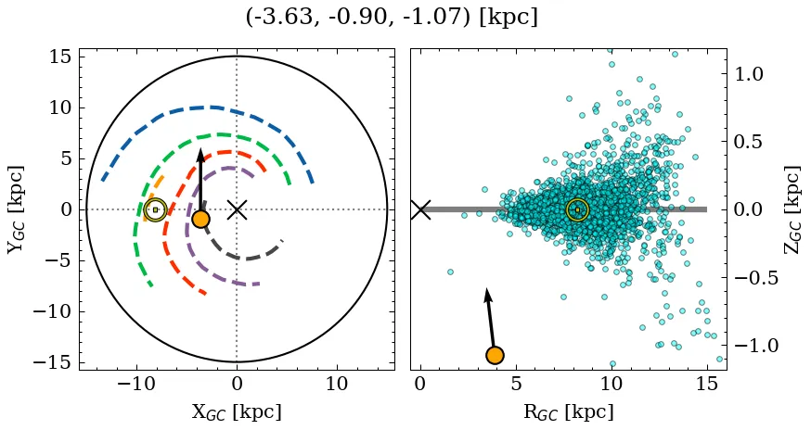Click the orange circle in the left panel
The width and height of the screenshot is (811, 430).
(200, 219)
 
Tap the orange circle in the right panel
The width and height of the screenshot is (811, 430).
(495, 355)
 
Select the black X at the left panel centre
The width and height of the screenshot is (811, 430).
(237, 209)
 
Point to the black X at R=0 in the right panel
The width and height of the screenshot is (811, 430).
(420, 209)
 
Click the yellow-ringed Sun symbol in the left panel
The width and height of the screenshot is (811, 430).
(155, 209)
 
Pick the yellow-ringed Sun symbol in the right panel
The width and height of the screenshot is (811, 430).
(577, 209)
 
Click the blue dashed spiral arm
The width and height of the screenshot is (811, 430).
(213, 107)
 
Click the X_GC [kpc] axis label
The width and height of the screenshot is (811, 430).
(237, 411)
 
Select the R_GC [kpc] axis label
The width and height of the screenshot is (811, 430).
(569, 411)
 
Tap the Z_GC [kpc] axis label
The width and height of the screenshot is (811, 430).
(791, 209)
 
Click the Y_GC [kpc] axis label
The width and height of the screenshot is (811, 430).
(16, 209)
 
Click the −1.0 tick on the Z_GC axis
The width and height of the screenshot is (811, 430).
(753, 346)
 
